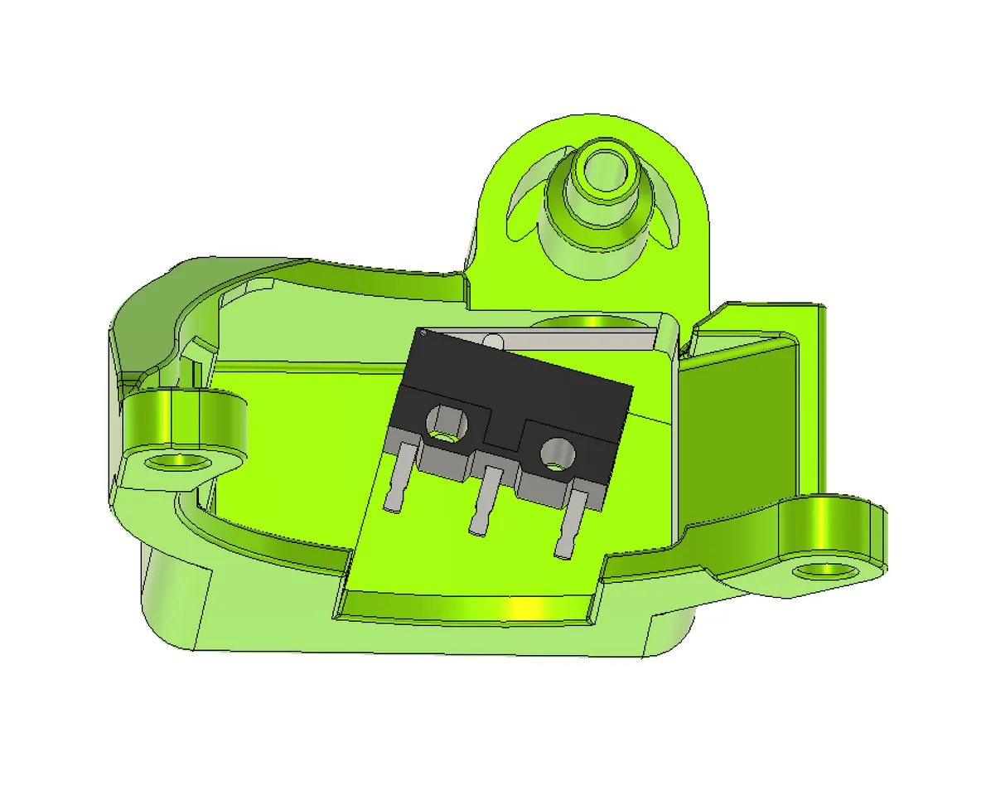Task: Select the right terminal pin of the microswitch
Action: point(570,522)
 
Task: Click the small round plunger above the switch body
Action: point(493,339)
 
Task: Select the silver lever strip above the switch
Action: point(580,339)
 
